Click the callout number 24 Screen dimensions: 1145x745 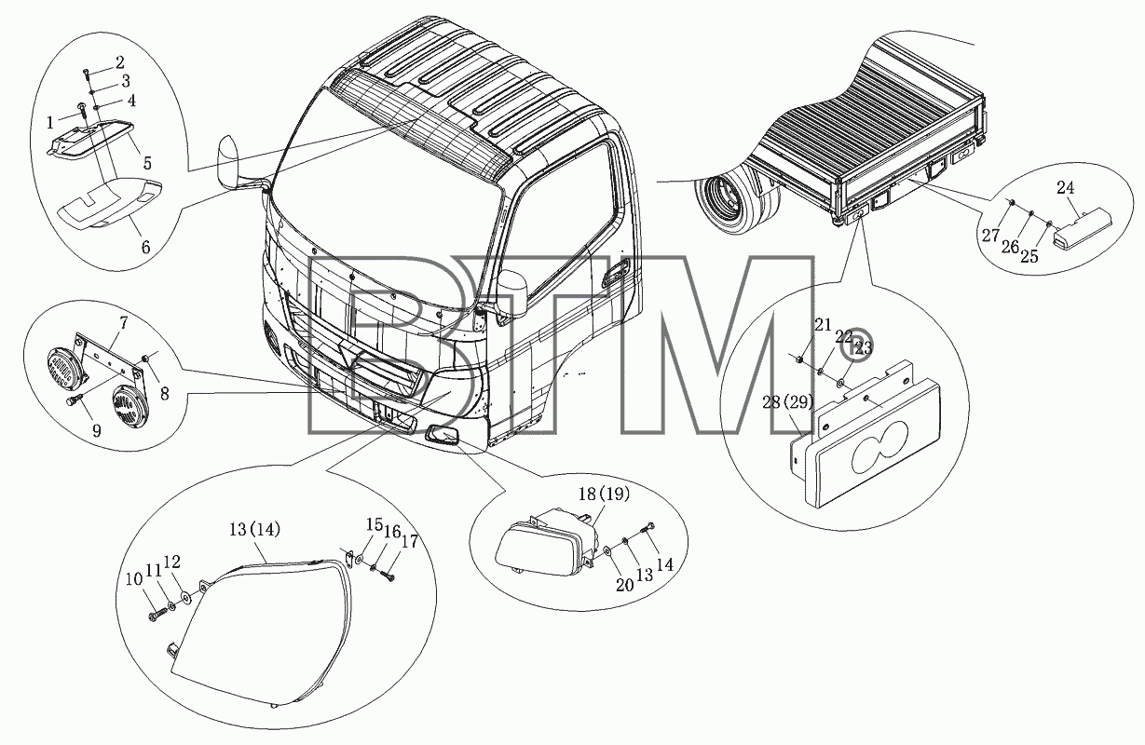(1065, 188)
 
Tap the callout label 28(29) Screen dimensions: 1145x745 (787, 402)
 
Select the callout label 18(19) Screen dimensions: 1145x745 (604, 494)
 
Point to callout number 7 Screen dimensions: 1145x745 (123, 323)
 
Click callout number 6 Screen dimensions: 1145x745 (145, 248)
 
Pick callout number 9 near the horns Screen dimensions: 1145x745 (97, 431)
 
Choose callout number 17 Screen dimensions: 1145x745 (409, 541)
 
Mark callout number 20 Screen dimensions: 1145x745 (624, 585)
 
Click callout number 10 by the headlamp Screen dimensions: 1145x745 (134, 579)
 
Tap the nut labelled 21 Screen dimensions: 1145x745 (800, 359)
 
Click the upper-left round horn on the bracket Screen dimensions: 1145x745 (63, 366)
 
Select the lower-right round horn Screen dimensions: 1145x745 (129, 407)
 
